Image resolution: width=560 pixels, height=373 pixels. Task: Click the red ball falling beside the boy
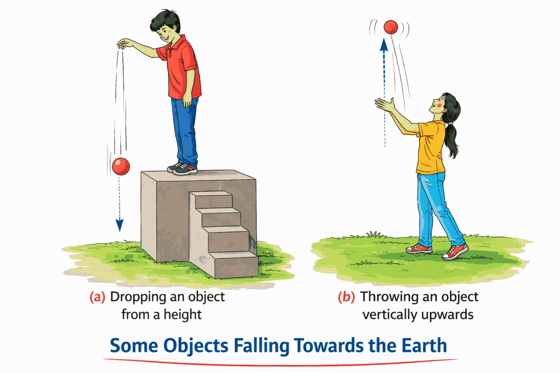coord(120,166)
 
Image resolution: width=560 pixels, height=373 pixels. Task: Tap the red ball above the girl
coord(390,27)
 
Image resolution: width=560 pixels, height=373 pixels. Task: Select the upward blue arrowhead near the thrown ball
coord(384,45)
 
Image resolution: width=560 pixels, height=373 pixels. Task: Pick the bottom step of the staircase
coord(232,264)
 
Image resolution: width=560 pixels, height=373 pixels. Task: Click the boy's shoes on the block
coord(182,168)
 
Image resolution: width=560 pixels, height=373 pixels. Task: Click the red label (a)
coord(97,297)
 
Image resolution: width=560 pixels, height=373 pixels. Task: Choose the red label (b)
coord(346,297)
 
